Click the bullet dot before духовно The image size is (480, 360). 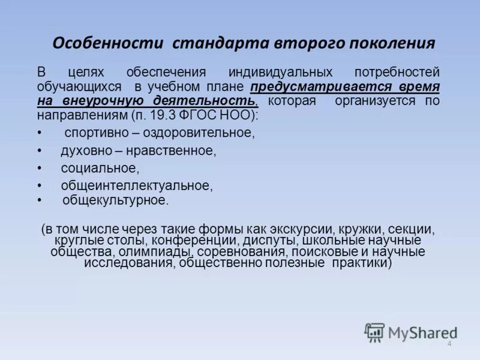pyautogui.click(x=40, y=151)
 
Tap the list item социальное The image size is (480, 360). pyautogui.click(x=99, y=169)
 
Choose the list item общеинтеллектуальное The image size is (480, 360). pyautogui.click(x=136, y=186)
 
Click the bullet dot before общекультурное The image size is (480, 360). pyautogui.click(x=40, y=200)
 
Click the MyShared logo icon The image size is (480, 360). pyautogui.click(x=375, y=332)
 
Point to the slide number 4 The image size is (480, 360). pyautogui.click(x=449, y=344)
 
